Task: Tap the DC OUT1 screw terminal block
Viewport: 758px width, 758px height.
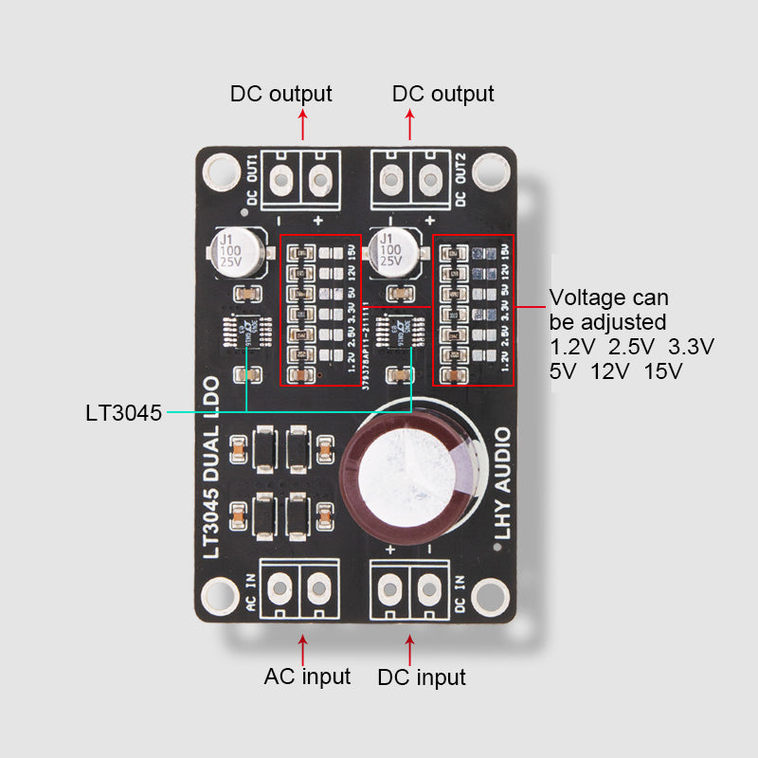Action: pos(301,177)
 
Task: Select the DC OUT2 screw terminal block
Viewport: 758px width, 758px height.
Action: pos(409,177)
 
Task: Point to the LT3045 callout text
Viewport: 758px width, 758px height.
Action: pos(122,412)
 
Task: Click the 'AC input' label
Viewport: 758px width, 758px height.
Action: pos(307,677)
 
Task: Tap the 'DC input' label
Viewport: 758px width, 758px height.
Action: pos(421,677)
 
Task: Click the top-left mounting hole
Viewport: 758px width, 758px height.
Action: pos(222,171)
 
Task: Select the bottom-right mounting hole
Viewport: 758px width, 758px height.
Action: pos(490,595)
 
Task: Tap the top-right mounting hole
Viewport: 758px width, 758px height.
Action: pos(490,171)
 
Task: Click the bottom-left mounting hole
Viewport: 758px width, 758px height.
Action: pos(222,595)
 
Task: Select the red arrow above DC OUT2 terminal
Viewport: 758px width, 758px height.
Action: pos(410,124)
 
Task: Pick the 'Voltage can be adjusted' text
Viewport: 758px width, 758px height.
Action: pos(608,309)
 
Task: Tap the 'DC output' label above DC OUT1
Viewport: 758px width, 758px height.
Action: pos(281,94)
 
